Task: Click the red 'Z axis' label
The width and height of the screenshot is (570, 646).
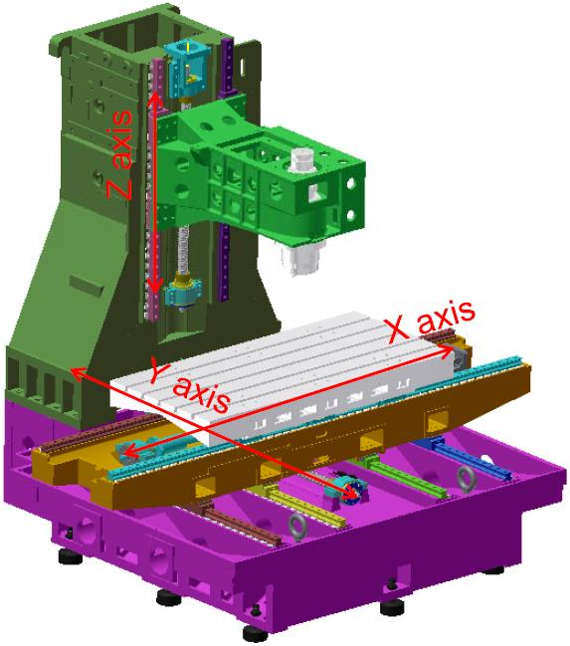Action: [119, 154]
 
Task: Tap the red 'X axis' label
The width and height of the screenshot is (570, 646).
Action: [432, 323]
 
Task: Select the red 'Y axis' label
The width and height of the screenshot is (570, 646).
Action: [189, 385]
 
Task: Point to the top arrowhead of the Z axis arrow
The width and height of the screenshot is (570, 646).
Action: [155, 99]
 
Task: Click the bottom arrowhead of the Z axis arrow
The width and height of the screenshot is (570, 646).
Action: [155, 287]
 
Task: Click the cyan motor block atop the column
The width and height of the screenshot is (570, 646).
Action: [188, 69]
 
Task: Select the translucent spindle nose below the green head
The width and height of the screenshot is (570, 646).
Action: [300, 258]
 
